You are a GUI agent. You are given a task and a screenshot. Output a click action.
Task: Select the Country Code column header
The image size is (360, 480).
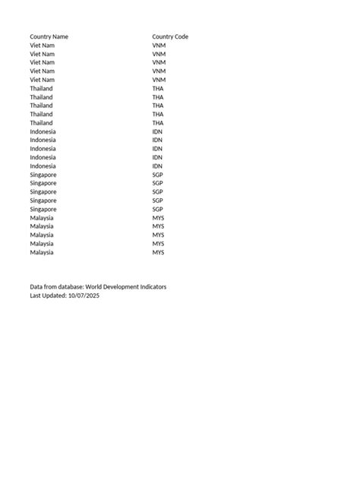coord(170,36)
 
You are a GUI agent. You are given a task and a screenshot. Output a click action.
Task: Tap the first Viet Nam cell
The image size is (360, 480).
coord(42,46)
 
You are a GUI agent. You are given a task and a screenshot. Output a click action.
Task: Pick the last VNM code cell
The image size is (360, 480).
coord(159,80)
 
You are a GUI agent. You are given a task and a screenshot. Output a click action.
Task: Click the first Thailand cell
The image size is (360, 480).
coord(41,89)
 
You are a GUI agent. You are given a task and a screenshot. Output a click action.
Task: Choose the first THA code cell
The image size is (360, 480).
coord(158,89)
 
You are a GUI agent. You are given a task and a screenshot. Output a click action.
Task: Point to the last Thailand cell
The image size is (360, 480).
coord(41,123)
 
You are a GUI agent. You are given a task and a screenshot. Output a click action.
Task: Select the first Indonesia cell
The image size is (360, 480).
coord(43,131)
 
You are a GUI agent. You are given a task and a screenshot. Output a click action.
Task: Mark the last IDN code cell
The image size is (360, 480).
coord(157,166)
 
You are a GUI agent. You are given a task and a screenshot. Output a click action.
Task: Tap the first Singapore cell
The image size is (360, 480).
coord(43,175)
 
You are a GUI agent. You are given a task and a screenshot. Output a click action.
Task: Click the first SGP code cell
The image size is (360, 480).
coord(157,175)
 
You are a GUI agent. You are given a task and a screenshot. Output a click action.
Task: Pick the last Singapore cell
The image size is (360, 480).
coord(43,209)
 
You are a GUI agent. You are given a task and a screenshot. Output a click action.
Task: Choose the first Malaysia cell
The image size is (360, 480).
coord(42,218)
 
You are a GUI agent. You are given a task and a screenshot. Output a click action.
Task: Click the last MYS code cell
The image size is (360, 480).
coord(158,252)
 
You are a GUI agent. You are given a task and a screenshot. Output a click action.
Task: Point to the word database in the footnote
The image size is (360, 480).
coord(69,287)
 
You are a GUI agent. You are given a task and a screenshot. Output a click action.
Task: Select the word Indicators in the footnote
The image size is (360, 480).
coord(153,287)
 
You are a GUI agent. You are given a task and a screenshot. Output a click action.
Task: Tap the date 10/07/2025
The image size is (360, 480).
coord(84,295)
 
